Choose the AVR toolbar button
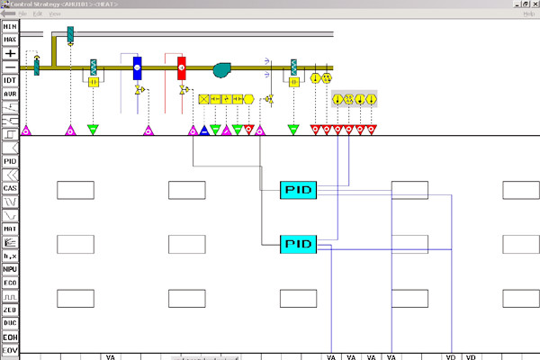[10, 94]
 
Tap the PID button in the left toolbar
[10, 161]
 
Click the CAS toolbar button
[10, 188]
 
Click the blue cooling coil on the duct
[138, 67]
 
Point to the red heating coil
[181, 67]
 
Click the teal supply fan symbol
[222, 69]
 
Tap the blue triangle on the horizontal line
[204, 130]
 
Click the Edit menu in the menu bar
[37, 14]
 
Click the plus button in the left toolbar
[10, 53]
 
